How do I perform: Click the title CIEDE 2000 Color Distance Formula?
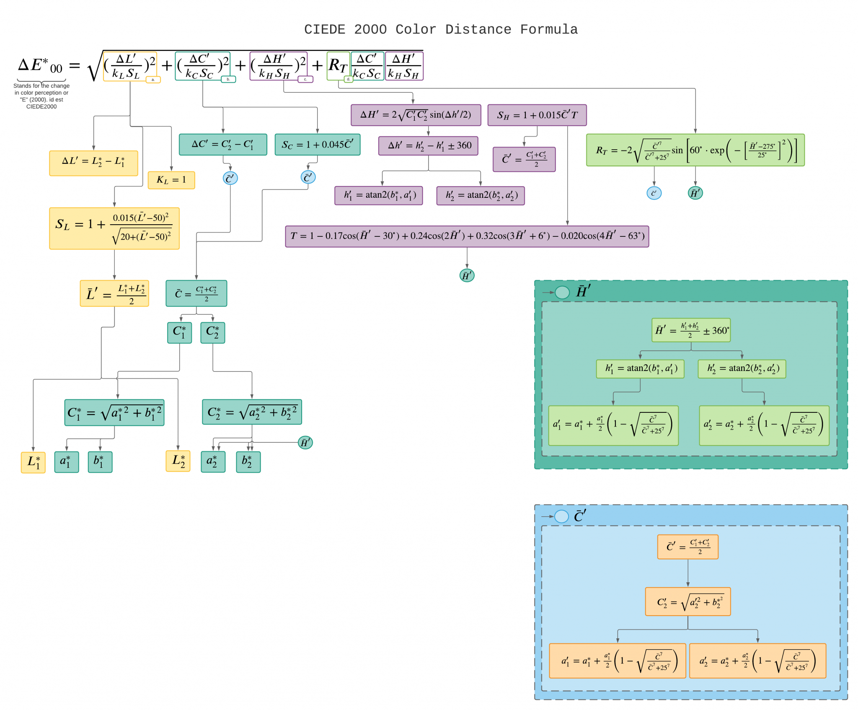click(x=441, y=29)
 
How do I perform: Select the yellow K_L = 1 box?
click(x=171, y=180)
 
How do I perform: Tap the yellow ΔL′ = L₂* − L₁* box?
click(x=93, y=163)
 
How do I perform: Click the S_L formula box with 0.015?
click(x=114, y=228)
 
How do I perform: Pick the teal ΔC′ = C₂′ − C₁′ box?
click(x=223, y=145)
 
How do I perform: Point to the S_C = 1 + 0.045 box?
click(x=318, y=145)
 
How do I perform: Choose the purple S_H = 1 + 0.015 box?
click(x=537, y=115)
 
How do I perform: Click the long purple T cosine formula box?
click(x=467, y=236)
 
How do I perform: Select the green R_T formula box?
click(x=695, y=150)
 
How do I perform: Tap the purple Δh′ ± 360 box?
click(x=428, y=146)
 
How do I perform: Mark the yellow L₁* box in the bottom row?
click(x=33, y=462)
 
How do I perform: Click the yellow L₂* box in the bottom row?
click(x=178, y=461)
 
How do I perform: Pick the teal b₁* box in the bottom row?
click(x=100, y=462)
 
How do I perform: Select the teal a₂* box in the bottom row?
click(x=213, y=462)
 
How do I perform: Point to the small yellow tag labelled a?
click(x=153, y=80)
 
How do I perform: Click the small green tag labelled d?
click(x=348, y=79)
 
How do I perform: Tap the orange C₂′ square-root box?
click(x=688, y=601)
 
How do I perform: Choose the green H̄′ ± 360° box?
click(x=691, y=330)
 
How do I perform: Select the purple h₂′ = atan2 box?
click(x=481, y=196)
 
